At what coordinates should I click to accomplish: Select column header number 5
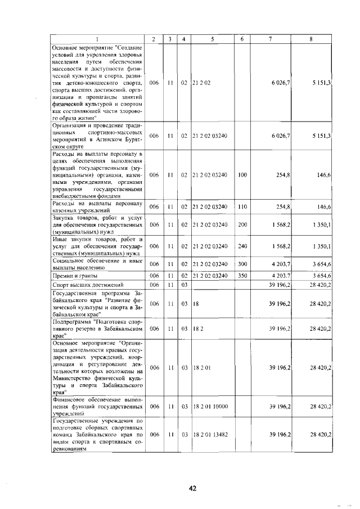(212, 39)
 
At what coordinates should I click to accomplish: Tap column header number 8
(311, 39)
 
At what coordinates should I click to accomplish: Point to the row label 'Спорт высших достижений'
(87, 285)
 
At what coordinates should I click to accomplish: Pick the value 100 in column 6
(242, 175)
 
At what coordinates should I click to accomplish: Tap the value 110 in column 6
(242, 207)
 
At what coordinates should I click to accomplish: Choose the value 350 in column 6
(242, 276)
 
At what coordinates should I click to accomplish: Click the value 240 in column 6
(242, 246)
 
